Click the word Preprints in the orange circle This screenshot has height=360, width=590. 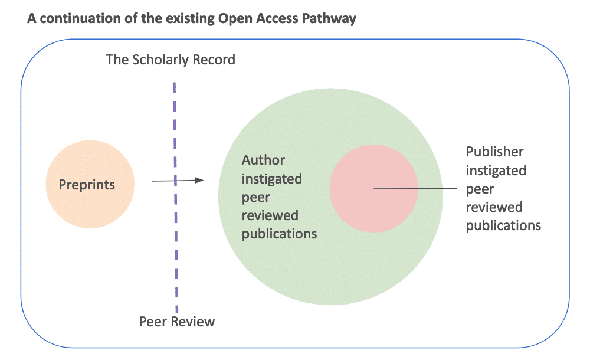87,185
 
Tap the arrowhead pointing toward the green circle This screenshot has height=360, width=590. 199,180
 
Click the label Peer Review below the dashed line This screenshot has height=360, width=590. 176,322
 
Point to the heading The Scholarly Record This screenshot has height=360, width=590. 170,60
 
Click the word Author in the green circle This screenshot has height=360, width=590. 263,160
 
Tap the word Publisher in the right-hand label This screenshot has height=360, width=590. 494,152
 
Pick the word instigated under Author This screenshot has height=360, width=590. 271,178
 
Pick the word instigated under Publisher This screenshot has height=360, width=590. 496,171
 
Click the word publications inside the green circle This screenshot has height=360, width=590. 279,234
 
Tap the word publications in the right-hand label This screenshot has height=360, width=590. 503,225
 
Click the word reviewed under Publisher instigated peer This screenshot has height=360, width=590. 494,207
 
